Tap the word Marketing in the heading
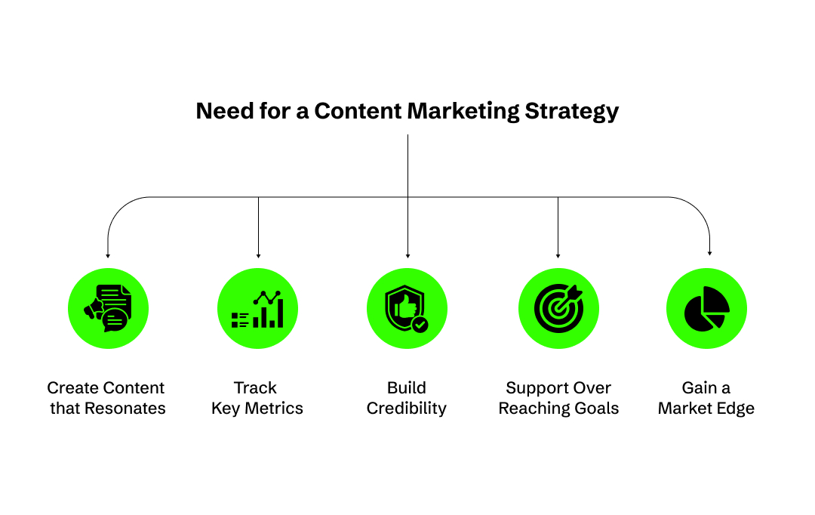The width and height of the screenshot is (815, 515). (x=463, y=112)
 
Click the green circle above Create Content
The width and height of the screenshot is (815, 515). (x=108, y=309)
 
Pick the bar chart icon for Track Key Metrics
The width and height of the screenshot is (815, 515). (x=258, y=309)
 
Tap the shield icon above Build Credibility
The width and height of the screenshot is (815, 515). (x=407, y=309)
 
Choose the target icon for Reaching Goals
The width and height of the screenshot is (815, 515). (x=558, y=309)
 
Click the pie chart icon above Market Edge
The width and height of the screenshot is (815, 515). (x=706, y=309)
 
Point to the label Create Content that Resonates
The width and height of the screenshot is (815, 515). (x=106, y=398)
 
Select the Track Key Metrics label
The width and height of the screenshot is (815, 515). (x=257, y=398)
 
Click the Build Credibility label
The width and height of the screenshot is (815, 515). (x=407, y=398)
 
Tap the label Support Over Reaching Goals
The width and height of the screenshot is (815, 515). (x=558, y=398)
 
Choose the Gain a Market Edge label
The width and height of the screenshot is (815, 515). (x=706, y=398)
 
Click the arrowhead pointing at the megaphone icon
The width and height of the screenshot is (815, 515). (x=108, y=255)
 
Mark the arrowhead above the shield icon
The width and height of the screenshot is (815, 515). (x=407, y=255)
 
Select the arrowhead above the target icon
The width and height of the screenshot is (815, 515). (x=558, y=255)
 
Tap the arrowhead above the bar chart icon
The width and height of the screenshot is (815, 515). (x=258, y=255)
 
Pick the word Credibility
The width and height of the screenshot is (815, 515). (x=407, y=409)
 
